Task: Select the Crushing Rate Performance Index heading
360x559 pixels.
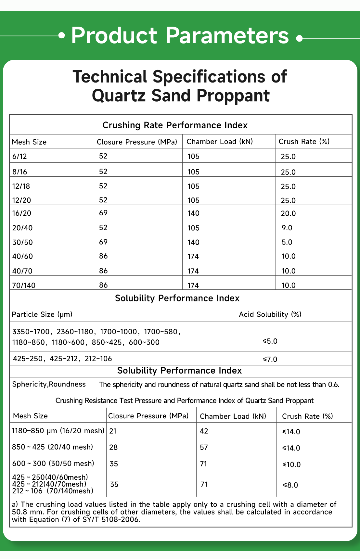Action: click(175, 125)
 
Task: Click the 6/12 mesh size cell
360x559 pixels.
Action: click(19, 156)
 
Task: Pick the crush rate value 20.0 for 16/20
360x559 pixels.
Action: click(288, 213)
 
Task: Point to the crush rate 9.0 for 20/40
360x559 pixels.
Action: click(287, 228)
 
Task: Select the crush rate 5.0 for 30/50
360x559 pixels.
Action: click(287, 242)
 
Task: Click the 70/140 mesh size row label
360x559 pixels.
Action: click(24, 285)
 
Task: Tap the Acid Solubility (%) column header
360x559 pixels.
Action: click(270, 314)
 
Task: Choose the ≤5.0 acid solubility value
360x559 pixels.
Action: click(270, 341)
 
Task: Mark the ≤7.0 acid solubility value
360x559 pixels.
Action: click(270, 359)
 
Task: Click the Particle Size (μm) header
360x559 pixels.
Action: click(42, 314)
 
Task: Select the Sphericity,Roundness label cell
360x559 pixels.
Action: click(49, 384)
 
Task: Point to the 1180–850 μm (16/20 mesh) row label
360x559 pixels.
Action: click(58, 431)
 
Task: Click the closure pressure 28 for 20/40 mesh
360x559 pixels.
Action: click(113, 447)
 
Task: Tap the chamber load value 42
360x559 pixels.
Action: click(204, 431)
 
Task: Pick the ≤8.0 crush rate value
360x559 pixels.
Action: click(290, 485)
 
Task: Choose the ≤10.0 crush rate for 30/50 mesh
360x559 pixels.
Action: click(291, 464)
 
